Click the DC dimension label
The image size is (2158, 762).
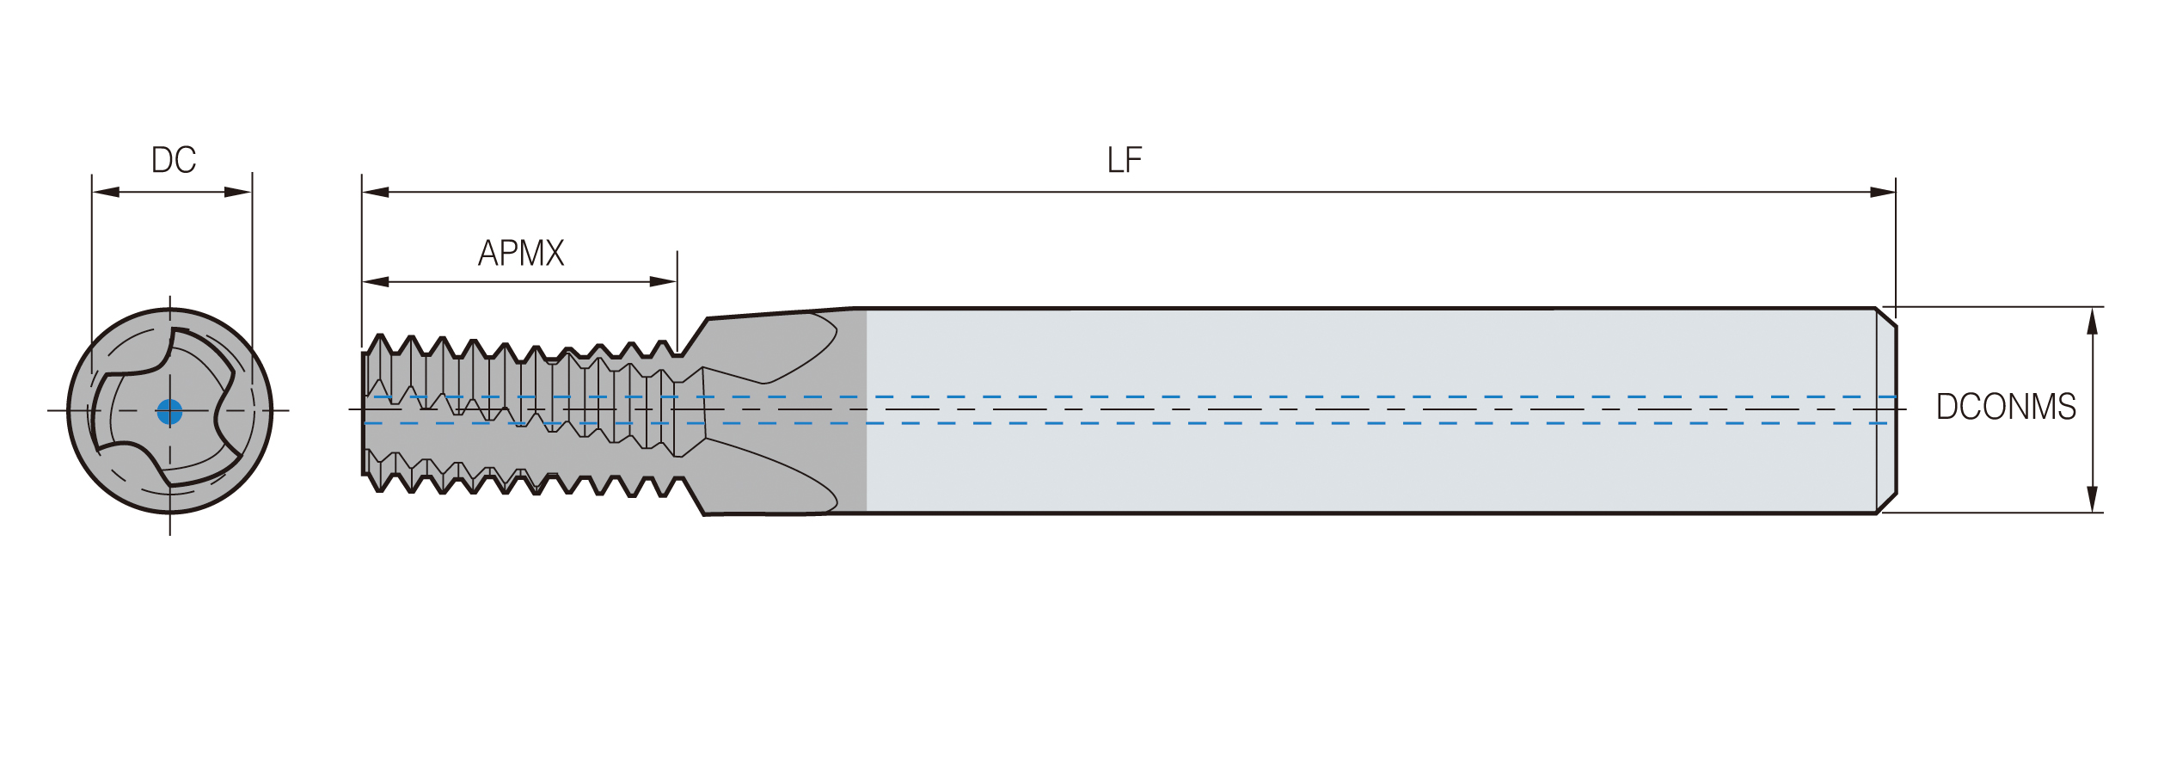coord(174,160)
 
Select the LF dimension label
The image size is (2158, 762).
coord(1124,160)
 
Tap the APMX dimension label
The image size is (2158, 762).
coord(521,253)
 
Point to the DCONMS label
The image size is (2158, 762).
coord(2005,407)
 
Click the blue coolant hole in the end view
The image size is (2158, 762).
coord(170,412)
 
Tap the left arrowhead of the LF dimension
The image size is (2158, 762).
coord(376,192)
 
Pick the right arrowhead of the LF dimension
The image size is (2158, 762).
coord(1882,192)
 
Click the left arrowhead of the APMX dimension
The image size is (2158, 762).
coord(376,281)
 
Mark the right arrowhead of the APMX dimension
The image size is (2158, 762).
coord(663,281)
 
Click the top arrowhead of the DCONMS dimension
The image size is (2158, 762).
coord(2093,321)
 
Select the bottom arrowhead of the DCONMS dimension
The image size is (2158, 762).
coord(2093,499)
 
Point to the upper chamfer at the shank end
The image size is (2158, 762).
coord(1886,317)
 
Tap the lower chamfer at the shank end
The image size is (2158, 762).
coord(1886,503)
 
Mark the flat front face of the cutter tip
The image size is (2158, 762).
coord(364,413)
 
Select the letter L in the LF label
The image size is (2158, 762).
coord(1114,160)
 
